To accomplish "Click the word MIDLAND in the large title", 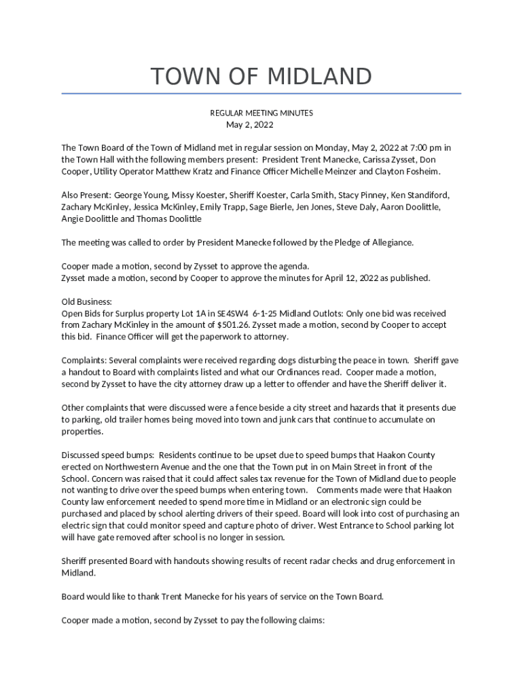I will point(320,76).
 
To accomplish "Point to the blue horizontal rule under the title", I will point(261,93).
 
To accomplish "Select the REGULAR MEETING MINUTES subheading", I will point(261,113).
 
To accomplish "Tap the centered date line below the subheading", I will point(249,125).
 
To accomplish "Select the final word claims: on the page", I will point(310,620).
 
